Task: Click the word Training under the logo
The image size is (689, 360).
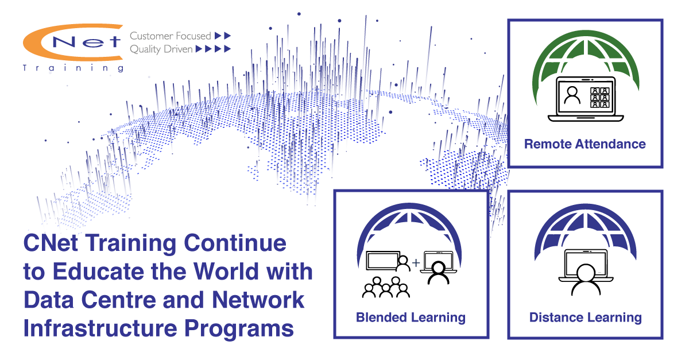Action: [73, 68]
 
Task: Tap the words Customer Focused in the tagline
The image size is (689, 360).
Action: [171, 36]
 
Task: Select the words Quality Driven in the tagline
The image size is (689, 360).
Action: [161, 49]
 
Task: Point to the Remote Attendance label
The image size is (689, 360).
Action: [585, 144]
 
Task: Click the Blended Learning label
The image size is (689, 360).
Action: [411, 318]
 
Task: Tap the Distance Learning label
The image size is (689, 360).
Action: [585, 318]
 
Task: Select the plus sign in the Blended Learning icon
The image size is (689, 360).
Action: [416, 262]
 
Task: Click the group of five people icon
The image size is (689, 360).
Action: [386, 288]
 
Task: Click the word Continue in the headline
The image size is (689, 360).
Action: [235, 243]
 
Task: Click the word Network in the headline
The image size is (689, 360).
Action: [258, 300]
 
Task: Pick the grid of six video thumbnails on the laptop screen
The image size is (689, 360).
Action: [600, 98]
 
